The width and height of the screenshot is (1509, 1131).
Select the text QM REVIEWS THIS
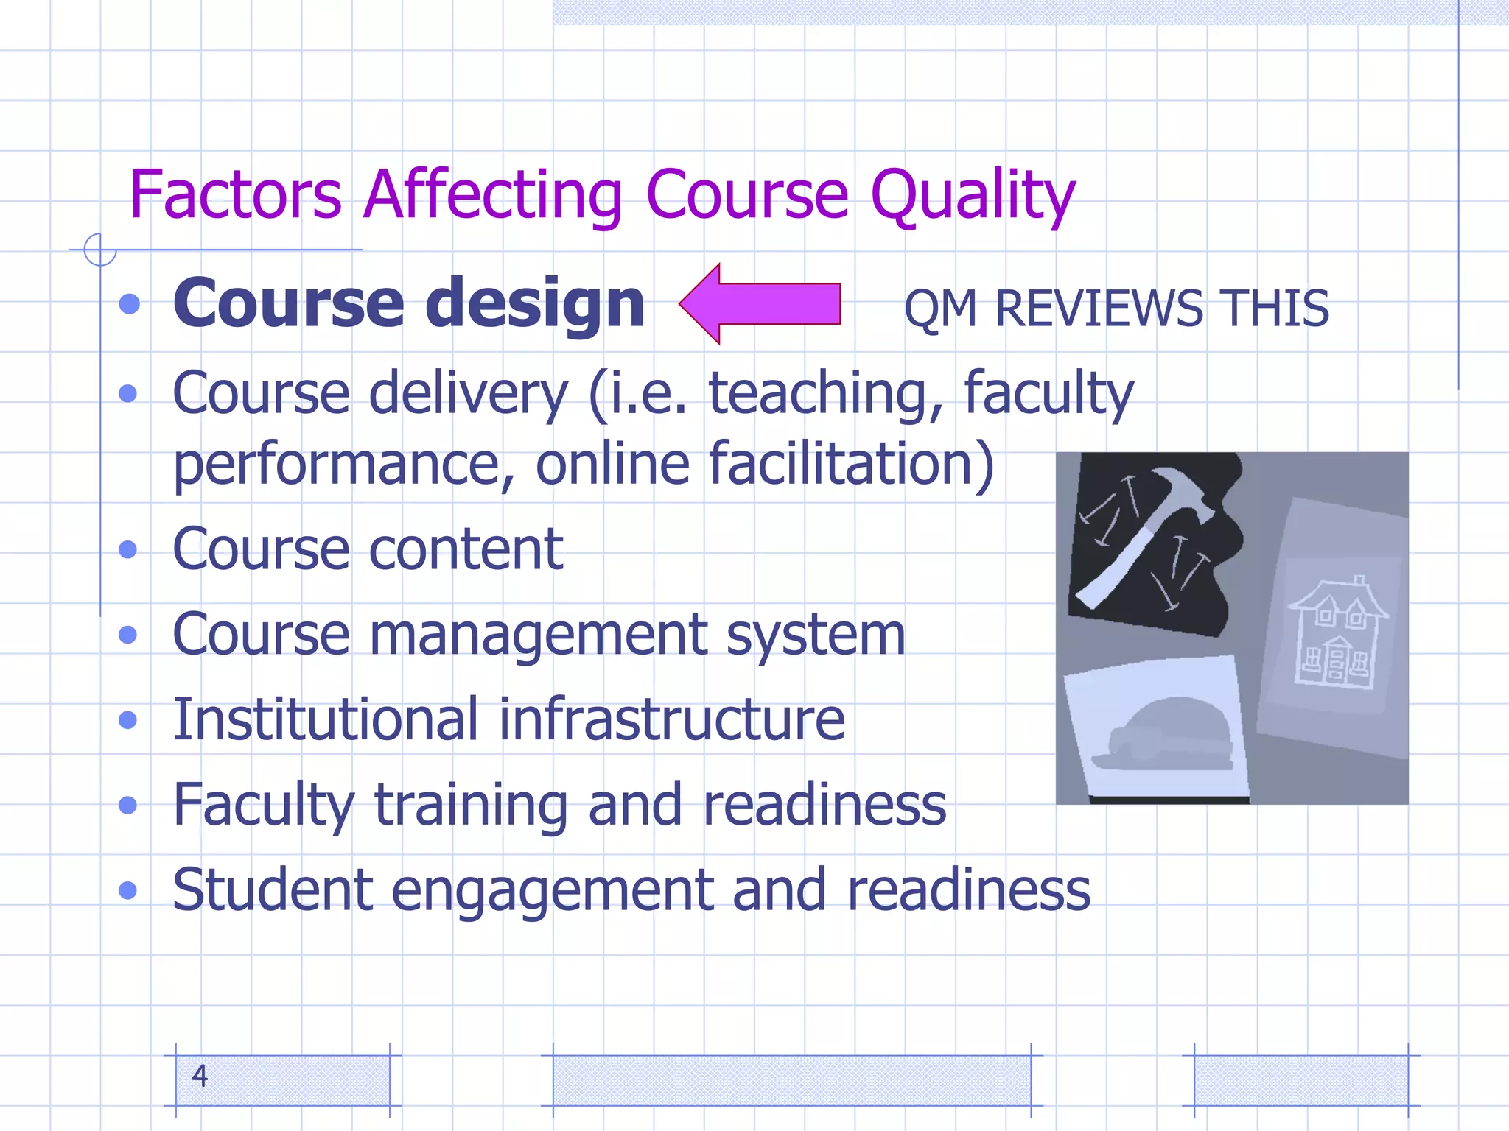1116,308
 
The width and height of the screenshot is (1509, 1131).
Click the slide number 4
200,1077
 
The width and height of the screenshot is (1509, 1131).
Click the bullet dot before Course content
128,549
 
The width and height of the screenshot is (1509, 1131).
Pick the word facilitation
851,464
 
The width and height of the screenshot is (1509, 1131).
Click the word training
472,805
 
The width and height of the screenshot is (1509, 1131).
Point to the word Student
273,889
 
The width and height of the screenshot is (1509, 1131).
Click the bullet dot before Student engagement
128,890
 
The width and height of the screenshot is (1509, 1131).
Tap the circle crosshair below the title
99,250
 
